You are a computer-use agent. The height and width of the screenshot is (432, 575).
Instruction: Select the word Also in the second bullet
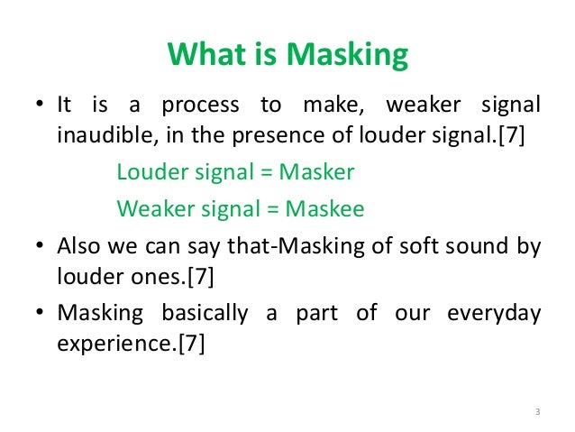[x=78, y=245]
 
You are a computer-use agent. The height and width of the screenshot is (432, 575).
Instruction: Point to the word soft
[x=406, y=245]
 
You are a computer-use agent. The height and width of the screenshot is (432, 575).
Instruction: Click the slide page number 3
[x=535, y=414]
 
